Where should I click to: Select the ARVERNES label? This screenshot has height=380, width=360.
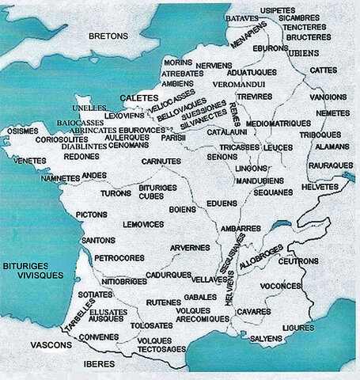[x=189, y=247]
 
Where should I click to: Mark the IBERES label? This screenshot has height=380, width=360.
[x=97, y=363]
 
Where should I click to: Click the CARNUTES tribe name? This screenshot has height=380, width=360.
[x=161, y=161]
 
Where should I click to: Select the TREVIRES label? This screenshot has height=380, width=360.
[x=255, y=97]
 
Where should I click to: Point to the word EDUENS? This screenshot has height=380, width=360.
[x=221, y=203]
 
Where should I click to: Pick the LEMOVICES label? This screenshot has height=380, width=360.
[x=142, y=225]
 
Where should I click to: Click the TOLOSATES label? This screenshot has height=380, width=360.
[x=152, y=325]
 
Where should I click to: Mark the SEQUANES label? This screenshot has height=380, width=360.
[x=272, y=192]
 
